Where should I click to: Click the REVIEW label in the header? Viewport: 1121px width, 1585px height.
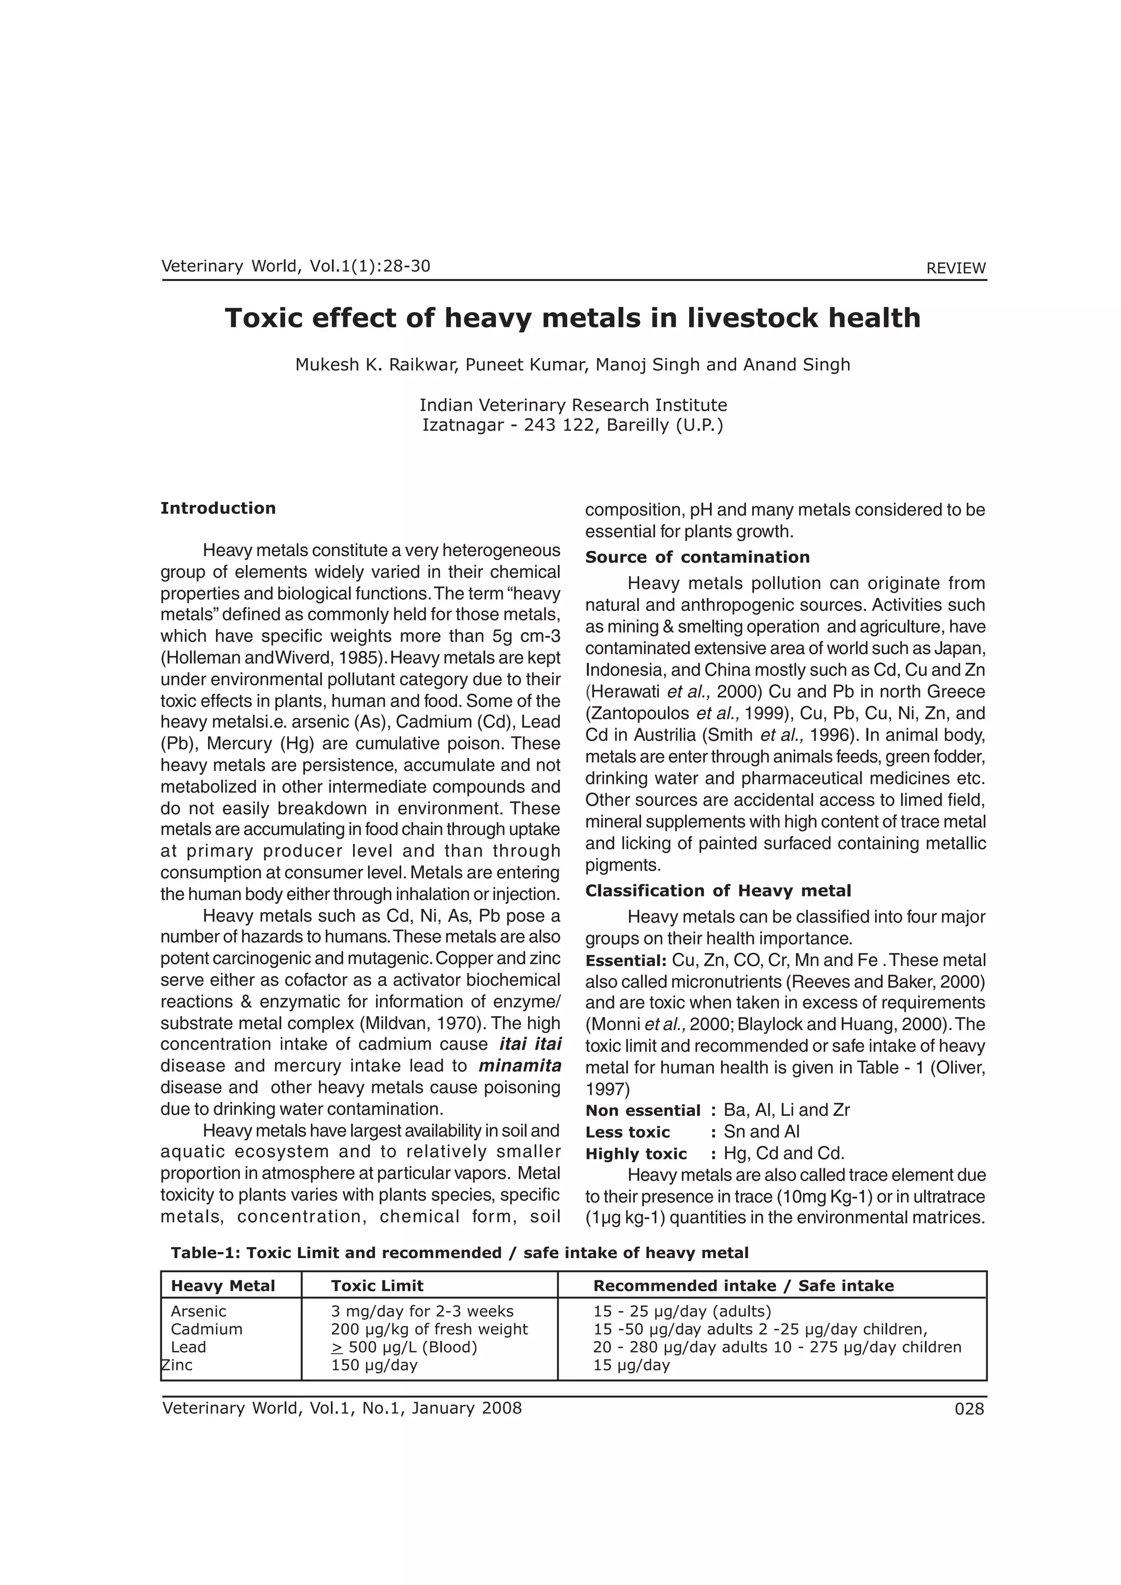pos(955,268)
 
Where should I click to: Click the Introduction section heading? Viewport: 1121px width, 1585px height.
pos(218,508)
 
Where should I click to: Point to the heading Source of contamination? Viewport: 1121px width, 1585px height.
pos(697,557)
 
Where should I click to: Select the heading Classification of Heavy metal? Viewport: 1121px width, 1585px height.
pos(718,891)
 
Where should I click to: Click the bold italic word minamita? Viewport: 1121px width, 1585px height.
pos(520,1066)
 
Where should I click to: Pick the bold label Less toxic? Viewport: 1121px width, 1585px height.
pos(627,1132)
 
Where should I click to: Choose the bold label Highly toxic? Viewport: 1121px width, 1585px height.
pos(635,1154)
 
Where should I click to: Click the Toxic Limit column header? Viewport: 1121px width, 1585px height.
pos(377,1286)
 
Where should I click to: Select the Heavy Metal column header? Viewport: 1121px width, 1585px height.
pos(223,1286)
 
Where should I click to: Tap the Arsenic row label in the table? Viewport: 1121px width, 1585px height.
pos(199,1311)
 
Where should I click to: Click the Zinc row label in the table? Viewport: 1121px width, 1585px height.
pos(177,1365)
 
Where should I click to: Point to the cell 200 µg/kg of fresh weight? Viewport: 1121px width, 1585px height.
pos(429,1329)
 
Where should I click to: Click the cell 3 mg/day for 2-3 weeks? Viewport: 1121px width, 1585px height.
pos(423,1311)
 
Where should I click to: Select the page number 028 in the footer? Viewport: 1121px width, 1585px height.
pos(969,1409)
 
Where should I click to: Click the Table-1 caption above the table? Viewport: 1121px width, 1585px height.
pos(459,1252)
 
